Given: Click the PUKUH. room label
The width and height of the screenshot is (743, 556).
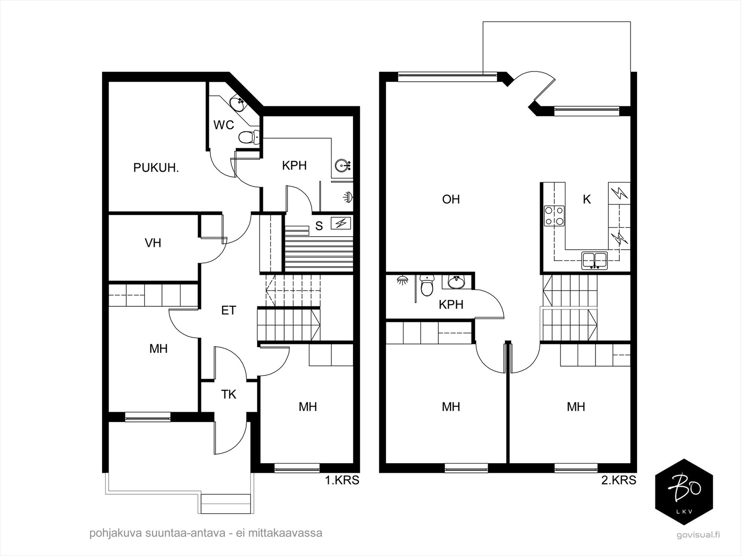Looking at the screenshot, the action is pos(156,168).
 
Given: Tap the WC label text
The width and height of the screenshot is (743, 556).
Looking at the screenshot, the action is pos(223,125).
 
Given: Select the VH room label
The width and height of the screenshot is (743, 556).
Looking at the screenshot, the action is pos(153,243).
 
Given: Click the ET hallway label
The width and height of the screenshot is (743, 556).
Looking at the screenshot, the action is pos(228,310).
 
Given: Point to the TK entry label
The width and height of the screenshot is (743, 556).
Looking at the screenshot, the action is pos(228,394).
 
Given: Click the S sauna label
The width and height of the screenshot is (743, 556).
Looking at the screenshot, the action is pos(319,226).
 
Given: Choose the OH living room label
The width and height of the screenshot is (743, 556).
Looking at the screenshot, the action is pos(451,199).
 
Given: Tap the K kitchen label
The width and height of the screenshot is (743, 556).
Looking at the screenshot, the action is pos(587,200).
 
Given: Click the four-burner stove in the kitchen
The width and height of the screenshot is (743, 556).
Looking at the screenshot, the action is pos(554,216).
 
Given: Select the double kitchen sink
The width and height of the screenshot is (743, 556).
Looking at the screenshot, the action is pos(595,261).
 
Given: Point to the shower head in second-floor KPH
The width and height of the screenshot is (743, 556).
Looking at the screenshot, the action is pos(402,280).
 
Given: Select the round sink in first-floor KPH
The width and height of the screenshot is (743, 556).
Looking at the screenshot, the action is pos(342,166).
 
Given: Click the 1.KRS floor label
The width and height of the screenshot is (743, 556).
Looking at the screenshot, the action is pos(342,480).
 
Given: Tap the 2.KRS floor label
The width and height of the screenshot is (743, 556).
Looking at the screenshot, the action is pos(619,480).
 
